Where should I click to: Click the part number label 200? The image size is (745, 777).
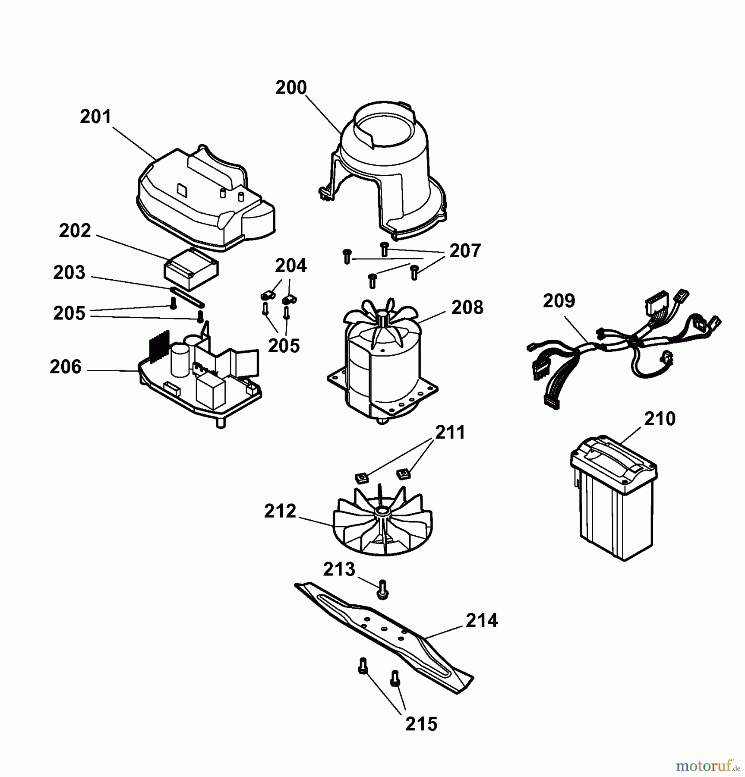coord(291,88)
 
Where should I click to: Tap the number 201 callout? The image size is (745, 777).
coord(96,117)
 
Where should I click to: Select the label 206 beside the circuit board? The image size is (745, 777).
coord(66,367)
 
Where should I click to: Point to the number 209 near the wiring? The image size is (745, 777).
coord(559,301)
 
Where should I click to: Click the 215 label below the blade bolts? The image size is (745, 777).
coord(421,724)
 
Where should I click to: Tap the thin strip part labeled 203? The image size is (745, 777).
coord(187,297)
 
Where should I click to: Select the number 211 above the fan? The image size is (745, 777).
coord(450,432)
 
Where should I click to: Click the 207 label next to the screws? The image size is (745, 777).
coord(465,251)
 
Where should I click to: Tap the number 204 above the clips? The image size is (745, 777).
coord(291,265)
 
